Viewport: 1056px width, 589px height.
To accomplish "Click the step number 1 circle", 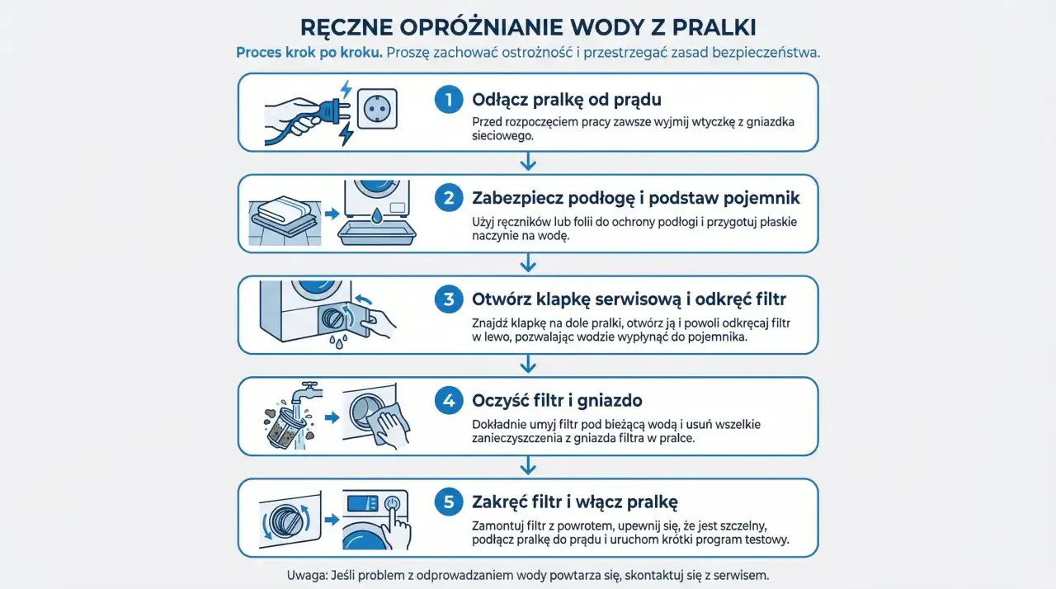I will pyautogui.click(x=449, y=101).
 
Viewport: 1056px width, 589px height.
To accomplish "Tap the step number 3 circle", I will pyautogui.click(x=449, y=299).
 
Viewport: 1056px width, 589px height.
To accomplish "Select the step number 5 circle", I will pyautogui.click(x=449, y=502).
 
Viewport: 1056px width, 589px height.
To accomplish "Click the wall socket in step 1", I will pyautogui.click(x=377, y=108).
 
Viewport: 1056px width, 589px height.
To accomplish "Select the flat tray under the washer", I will pyautogui.click(x=376, y=234).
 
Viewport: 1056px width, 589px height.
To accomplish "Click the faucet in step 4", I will pyautogui.click(x=307, y=390).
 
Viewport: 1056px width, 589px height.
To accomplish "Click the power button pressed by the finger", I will pyautogui.click(x=393, y=502).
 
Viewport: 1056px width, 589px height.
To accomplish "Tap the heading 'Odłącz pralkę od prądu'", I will pyautogui.click(x=567, y=101).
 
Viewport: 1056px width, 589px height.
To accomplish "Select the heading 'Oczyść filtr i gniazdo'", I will pyautogui.click(x=557, y=401).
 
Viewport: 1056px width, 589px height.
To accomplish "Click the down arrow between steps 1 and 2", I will pyautogui.click(x=529, y=163).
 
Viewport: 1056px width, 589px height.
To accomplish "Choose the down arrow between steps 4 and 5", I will pyautogui.click(x=529, y=467).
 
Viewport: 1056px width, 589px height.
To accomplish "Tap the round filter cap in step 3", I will pyautogui.click(x=334, y=318).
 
